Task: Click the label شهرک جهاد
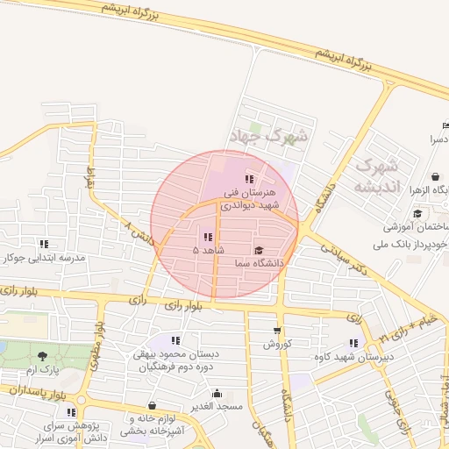268,136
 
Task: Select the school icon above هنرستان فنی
249,179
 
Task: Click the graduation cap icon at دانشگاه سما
257,250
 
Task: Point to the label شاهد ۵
209,250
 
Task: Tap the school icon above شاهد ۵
208,237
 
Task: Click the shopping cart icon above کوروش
277,331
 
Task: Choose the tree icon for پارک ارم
43,355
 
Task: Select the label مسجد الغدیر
216,407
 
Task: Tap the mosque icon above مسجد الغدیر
217,394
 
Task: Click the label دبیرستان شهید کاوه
353,357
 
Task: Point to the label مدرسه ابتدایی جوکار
43,258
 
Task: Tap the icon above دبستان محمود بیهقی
176,340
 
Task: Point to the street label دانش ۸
141,234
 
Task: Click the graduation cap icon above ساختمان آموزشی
417,212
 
